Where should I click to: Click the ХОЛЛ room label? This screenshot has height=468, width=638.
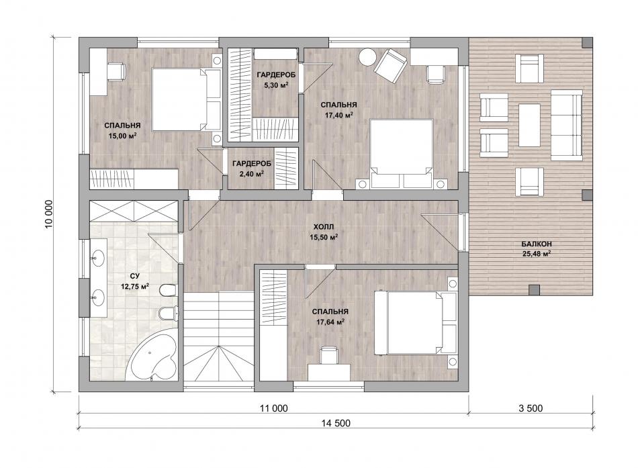324,227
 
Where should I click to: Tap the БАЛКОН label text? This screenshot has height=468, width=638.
537,244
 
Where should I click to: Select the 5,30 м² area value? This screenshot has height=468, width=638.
276,85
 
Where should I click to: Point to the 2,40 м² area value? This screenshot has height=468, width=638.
251,174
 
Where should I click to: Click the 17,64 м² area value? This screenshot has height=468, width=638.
330,322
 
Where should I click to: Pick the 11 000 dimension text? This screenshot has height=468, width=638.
274,408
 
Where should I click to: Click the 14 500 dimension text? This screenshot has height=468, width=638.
336,423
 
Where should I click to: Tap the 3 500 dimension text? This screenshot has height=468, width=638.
531,408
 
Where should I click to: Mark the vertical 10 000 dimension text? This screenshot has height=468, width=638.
49,214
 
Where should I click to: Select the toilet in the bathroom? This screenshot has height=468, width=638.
168,290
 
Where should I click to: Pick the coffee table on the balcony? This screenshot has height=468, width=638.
529,124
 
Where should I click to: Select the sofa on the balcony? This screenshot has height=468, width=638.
566,125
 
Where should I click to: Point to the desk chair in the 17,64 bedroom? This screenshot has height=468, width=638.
329,355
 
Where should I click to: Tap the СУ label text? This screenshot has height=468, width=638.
135,277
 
